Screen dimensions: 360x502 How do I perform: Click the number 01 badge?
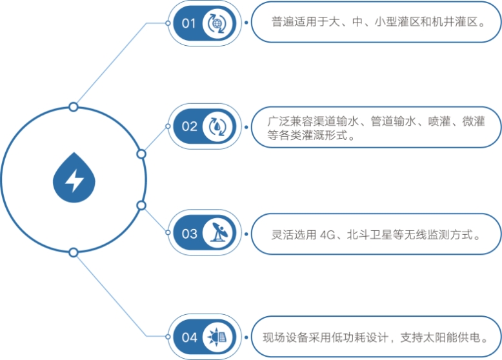tap(188, 24)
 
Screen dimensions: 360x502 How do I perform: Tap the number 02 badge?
tap(189, 126)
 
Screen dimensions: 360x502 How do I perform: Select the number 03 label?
tap(189, 233)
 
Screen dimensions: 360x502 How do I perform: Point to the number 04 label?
tap(189, 337)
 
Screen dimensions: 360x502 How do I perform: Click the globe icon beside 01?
tap(215, 24)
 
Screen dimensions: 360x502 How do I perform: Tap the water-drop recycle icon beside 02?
tap(215, 126)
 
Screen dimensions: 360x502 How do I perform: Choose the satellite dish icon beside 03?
tap(215, 233)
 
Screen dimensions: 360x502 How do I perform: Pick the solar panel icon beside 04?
tap(215, 337)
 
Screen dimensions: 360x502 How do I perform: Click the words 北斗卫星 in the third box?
tap(368, 234)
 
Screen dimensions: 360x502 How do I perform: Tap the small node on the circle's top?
tap(74, 106)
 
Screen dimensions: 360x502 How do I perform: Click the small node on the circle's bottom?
tap(74, 252)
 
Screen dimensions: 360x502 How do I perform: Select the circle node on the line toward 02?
tap(141, 154)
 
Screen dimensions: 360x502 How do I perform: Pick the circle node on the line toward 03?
tap(141, 205)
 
